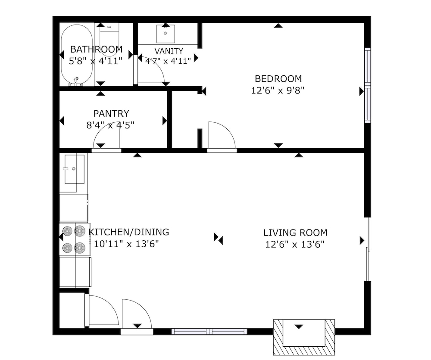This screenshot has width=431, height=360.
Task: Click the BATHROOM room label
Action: (96, 49)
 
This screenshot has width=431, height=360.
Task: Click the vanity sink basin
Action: (166, 34)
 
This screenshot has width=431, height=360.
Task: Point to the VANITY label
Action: (169, 51)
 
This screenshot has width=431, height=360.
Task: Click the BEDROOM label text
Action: (278, 79)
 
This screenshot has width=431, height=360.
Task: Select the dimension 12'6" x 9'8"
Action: (278, 90)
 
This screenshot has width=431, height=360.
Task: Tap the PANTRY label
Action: (111, 113)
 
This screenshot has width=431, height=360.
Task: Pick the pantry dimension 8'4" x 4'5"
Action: (110, 125)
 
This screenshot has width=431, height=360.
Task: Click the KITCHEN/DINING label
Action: (128, 232)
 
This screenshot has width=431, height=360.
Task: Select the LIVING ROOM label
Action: (295, 233)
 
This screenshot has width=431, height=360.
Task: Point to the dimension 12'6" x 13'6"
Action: (295, 244)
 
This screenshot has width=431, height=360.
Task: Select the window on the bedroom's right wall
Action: (368, 85)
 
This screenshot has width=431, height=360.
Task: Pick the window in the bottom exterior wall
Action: (209, 332)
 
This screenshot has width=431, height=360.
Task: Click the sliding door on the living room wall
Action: (368, 249)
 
